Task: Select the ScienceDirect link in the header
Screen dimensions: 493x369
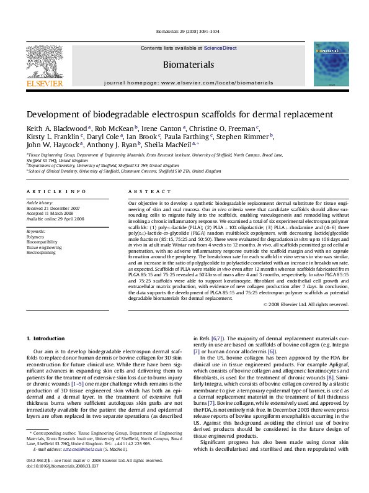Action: pyautogui.click(x=220, y=48)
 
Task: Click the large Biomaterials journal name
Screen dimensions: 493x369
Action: pyautogui.click(x=188, y=65)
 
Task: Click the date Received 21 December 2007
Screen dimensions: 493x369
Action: pyautogui.click(x=53, y=208)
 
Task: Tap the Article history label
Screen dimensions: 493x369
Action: pyautogui.click(x=39, y=202)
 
